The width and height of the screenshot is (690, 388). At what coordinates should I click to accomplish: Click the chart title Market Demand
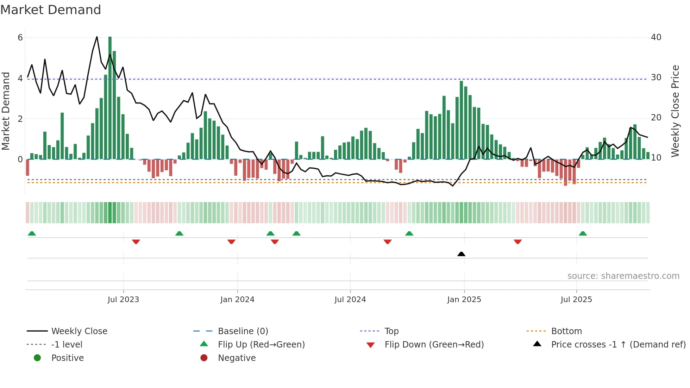[x=51, y=10]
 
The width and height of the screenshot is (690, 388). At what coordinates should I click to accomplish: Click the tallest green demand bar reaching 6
[x=110, y=99]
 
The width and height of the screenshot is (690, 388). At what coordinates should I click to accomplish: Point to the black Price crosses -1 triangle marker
[x=461, y=254]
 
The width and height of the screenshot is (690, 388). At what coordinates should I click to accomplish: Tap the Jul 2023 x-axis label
[x=123, y=299]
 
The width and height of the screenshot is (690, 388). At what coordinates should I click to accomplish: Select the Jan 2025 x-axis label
[x=464, y=299]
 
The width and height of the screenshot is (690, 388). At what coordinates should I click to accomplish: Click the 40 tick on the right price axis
[x=656, y=37]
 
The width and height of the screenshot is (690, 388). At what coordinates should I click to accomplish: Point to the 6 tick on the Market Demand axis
[x=20, y=38]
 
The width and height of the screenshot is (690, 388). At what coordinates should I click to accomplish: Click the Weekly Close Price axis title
[x=675, y=111]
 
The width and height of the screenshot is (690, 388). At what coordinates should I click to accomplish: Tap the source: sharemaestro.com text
[x=623, y=276]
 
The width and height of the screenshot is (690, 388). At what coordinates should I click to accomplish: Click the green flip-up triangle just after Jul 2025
[x=583, y=233]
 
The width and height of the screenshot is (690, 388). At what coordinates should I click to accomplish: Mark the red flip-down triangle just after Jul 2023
[x=136, y=242]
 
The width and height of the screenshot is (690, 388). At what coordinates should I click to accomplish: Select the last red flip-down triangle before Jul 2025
[x=517, y=242]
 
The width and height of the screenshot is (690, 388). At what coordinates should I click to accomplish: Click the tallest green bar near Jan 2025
[x=461, y=120]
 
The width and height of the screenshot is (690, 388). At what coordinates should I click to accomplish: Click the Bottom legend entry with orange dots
[x=566, y=331]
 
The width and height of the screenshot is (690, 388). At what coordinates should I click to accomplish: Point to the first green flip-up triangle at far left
[x=32, y=233]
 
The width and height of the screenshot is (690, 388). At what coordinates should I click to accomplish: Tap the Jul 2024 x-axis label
[x=350, y=299]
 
